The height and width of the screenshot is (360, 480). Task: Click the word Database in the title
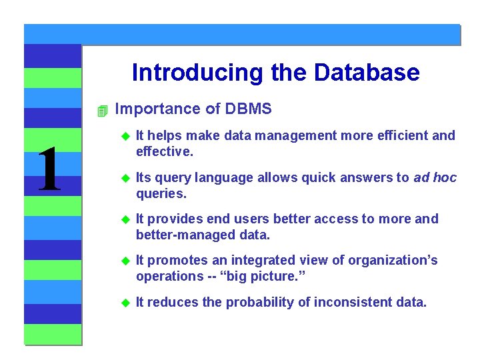[367, 72]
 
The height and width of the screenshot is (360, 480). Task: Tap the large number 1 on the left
[49, 170]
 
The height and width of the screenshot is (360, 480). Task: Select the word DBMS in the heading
[249, 109]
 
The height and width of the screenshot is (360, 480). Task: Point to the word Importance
[149, 109]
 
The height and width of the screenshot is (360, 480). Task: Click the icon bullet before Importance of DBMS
[102, 111]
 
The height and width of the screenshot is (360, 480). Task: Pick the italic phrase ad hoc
[435, 177]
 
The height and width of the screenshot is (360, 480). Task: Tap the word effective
[164, 151]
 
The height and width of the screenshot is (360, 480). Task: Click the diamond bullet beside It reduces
[123, 303]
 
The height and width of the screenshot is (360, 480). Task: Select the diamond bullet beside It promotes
[123, 261]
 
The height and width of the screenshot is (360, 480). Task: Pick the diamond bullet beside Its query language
[123, 178]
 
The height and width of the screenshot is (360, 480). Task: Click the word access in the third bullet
[313, 219]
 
